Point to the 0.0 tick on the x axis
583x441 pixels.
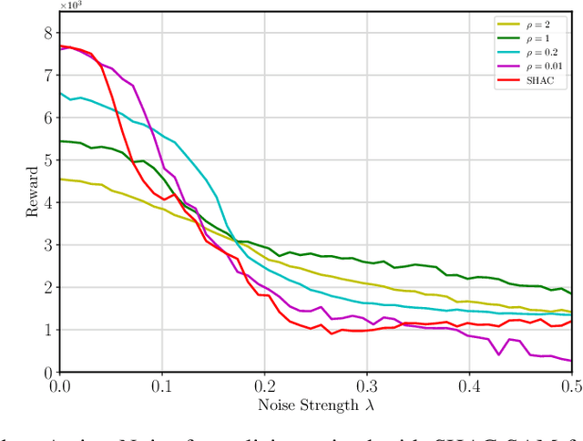pos(60,386)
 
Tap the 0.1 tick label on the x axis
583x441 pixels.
pos(162,386)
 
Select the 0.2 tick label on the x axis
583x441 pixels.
pos(265,386)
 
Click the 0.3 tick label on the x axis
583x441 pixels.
pos(367,386)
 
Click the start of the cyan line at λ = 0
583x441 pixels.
pos(60,93)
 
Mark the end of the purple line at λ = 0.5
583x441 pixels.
pos(572,361)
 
